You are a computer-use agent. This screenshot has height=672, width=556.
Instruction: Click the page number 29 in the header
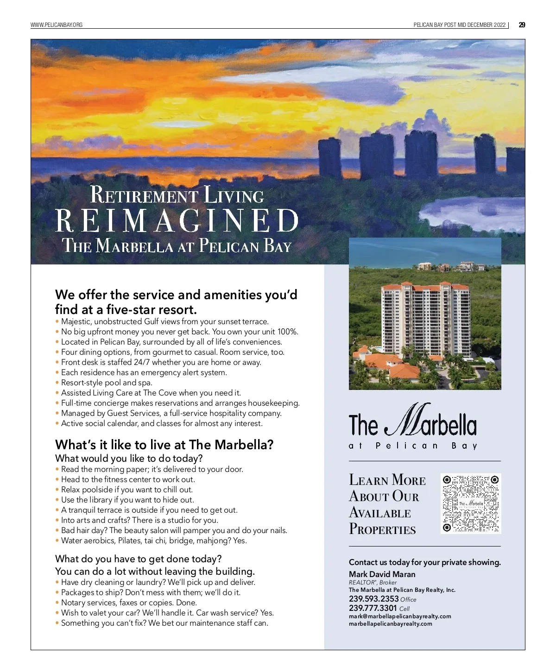coord(522,25)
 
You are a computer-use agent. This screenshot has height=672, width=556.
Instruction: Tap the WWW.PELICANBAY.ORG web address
coord(57,25)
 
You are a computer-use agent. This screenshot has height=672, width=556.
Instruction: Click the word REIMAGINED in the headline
coord(177,220)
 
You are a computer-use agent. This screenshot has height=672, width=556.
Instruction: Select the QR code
coord(471,503)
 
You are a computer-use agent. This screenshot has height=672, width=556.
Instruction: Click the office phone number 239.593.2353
coord(373,598)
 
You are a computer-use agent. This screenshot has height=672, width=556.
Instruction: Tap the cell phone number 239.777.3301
coord(373,608)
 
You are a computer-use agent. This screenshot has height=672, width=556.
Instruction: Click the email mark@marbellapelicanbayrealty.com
coord(400,616)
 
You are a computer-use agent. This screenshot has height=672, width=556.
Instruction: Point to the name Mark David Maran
coord(382,574)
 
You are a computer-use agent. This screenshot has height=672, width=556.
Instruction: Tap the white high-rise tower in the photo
coord(425,320)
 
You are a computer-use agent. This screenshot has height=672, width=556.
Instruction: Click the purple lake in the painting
coord(473,209)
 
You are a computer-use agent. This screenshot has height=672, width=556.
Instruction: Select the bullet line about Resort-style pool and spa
coord(107,383)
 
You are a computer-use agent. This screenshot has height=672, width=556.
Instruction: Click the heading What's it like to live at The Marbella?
coord(164,445)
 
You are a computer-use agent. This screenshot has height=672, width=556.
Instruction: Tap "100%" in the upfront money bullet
coord(287,332)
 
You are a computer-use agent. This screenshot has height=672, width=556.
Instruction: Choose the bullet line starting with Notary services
coord(129,603)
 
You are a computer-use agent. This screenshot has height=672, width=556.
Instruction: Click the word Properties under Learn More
coord(382,529)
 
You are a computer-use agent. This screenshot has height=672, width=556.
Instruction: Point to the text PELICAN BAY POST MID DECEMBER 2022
coord(459,25)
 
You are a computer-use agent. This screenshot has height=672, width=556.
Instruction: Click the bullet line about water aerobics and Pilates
coord(154,540)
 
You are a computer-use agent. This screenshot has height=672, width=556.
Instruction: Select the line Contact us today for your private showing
coord(424,562)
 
